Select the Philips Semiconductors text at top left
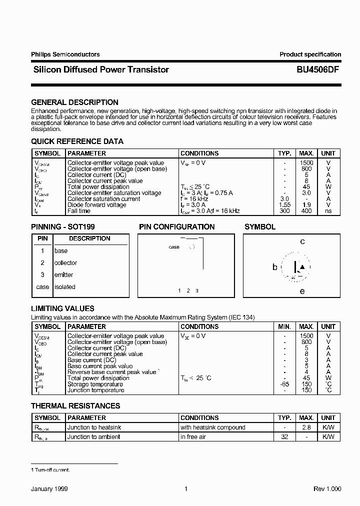click(x=65, y=54)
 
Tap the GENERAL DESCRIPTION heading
click(x=74, y=102)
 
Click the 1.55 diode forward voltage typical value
click(x=284, y=205)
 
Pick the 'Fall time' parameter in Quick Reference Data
click(x=79, y=211)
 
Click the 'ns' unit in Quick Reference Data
click(x=328, y=211)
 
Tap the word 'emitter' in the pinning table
click(x=63, y=275)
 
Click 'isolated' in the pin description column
click(x=64, y=287)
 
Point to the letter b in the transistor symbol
click(x=274, y=267)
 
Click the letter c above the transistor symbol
click(x=302, y=242)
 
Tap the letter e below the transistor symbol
click(x=302, y=291)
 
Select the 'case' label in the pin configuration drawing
click(x=174, y=247)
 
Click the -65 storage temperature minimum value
click(x=284, y=384)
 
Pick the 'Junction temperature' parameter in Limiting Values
click(x=95, y=390)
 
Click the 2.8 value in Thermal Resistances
click(x=306, y=427)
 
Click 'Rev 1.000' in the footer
click(x=327, y=489)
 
